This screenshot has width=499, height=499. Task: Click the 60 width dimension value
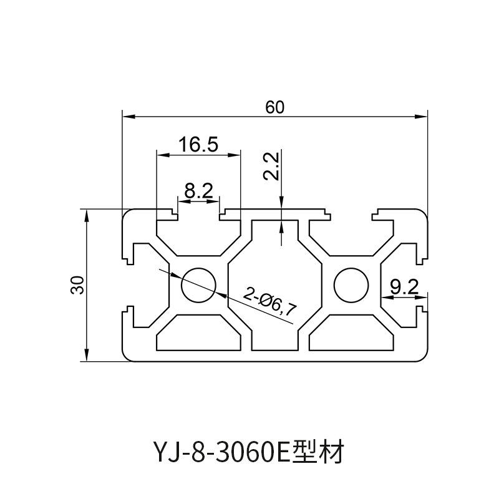274,107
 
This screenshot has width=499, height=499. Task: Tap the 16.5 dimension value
198,144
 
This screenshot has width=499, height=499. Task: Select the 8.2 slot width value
198,191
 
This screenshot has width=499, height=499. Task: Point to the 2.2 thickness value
271,166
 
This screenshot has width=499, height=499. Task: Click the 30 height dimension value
77,285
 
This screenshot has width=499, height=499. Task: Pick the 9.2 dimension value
404,288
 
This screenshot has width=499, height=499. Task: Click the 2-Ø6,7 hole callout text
270,301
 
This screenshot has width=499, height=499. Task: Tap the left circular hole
198,285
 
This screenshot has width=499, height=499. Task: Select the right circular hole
351,285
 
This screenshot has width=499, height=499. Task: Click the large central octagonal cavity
275,285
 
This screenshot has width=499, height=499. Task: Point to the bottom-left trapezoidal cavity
198,332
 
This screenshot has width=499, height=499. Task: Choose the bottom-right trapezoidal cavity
351,332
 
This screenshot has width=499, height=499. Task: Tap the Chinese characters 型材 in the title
317,452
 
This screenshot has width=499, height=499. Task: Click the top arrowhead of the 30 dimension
86,216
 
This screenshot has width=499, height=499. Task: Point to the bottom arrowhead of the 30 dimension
86,354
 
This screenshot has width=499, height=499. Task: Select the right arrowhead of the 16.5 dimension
233,155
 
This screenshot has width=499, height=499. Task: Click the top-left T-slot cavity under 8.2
198,234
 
